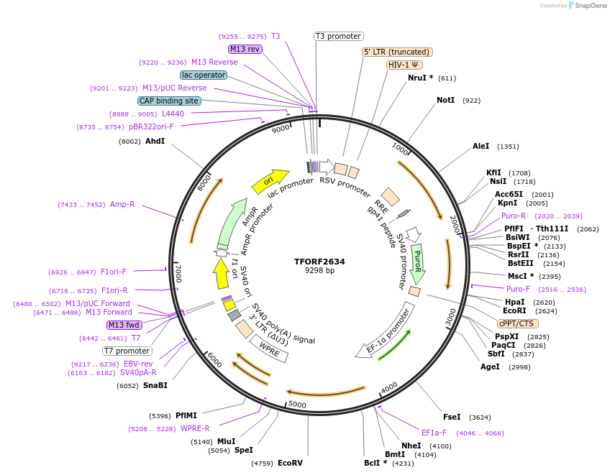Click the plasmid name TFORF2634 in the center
point(319,262)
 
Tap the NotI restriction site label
point(446,100)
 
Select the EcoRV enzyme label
point(290,463)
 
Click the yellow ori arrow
point(269,182)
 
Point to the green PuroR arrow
point(417,263)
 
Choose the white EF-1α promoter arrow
point(386,331)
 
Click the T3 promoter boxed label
point(339,36)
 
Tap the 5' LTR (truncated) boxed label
point(396,52)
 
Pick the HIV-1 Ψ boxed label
point(405,65)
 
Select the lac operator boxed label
point(204,75)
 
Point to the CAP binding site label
point(169,101)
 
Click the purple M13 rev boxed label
point(245,49)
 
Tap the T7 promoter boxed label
point(127,351)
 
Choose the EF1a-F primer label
point(434,433)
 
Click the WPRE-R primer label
point(195,428)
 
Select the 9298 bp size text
point(319,271)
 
